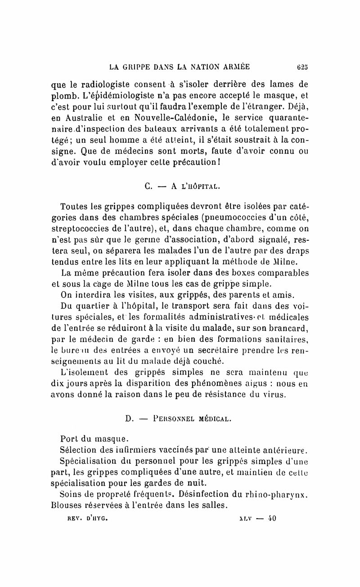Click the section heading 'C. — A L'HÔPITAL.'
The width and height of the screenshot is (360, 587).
tap(184, 185)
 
